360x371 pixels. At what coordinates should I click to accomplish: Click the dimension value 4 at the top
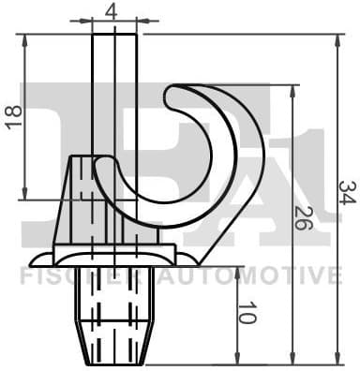pyautogui.click(x=112, y=11)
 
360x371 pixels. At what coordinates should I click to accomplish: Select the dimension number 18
pyautogui.click(x=12, y=117)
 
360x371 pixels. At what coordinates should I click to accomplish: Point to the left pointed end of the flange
pyautogui.click(x=34, y=260)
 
